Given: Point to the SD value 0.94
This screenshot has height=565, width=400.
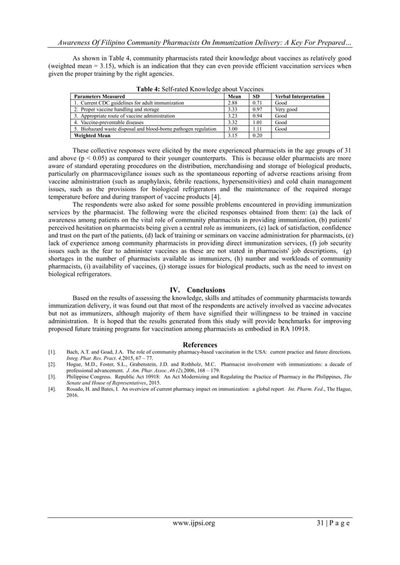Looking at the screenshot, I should tap(256, 116).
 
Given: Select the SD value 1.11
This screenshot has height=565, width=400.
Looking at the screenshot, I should tap(256, 128).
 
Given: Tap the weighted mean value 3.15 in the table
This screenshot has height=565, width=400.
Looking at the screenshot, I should tap(233, 135).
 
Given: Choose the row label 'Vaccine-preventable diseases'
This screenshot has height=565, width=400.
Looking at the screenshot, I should tap(110, 122).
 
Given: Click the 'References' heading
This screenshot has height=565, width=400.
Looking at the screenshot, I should tap(200, 345).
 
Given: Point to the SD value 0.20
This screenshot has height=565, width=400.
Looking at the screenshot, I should tap(256, 135).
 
